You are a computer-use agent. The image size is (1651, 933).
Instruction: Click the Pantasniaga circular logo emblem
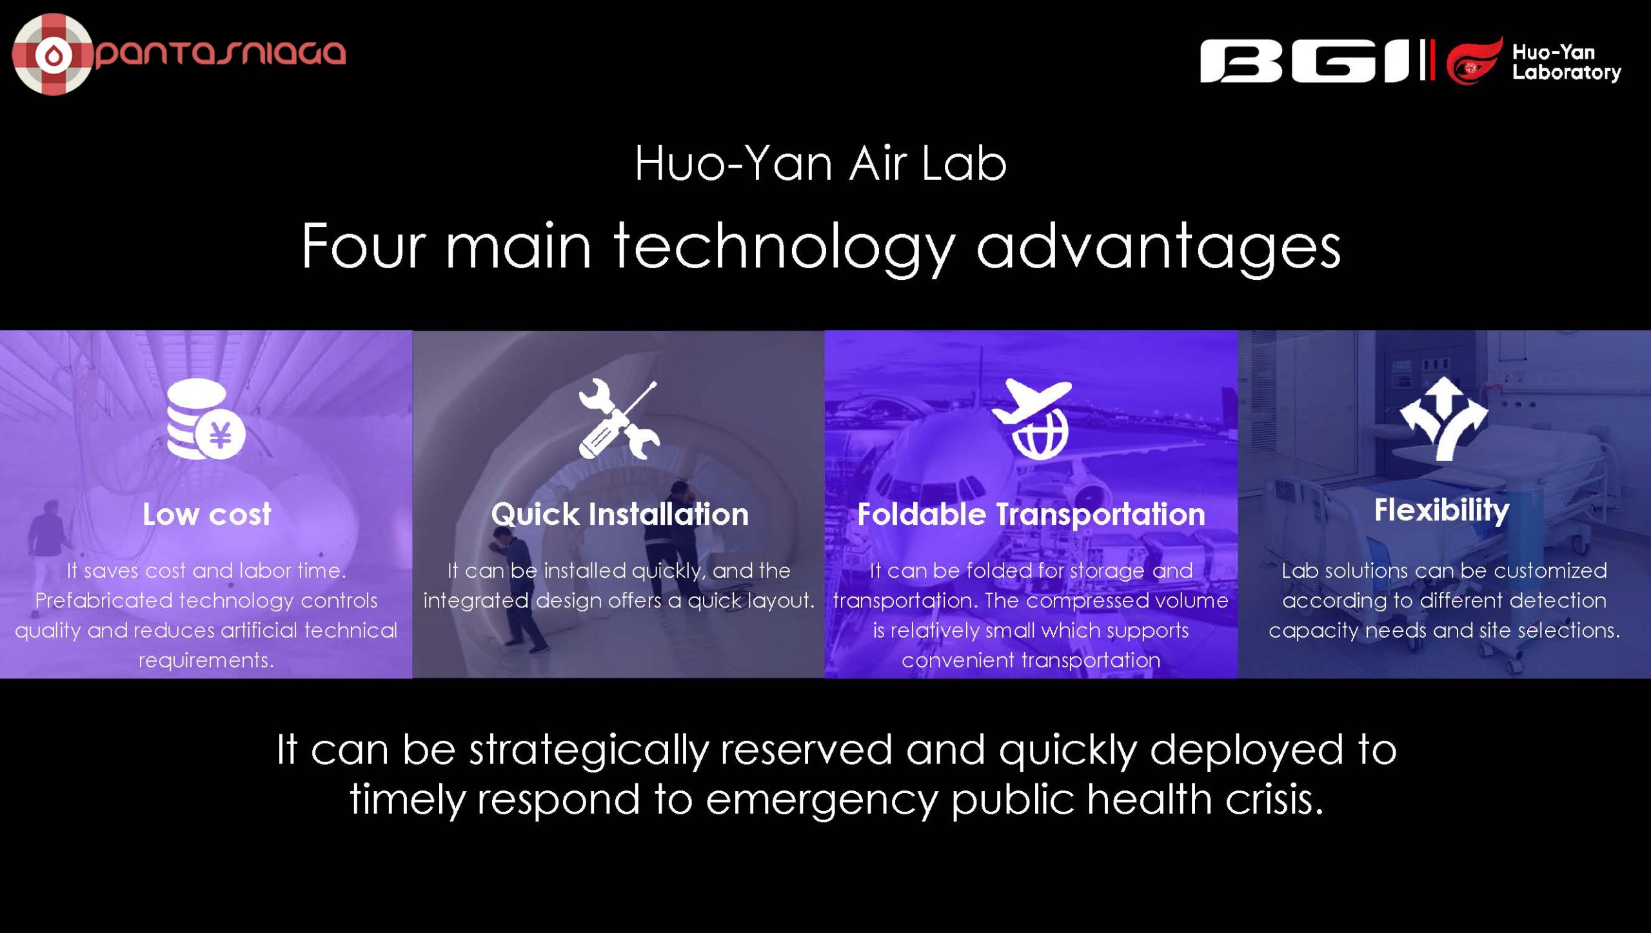click(x=53, y=54)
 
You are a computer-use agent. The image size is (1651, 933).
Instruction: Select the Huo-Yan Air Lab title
click(x=820, y=163)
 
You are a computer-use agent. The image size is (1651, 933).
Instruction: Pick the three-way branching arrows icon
click(x=1444, y=419)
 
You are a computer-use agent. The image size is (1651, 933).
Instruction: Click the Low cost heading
click(x=207, y=515)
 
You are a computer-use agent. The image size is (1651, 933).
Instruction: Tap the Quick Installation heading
click(x=620, y=515)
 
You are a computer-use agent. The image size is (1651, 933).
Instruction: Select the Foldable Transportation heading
click(x=1031, y=515)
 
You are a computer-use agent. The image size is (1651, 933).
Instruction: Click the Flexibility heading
click(x=1442, y=511)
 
